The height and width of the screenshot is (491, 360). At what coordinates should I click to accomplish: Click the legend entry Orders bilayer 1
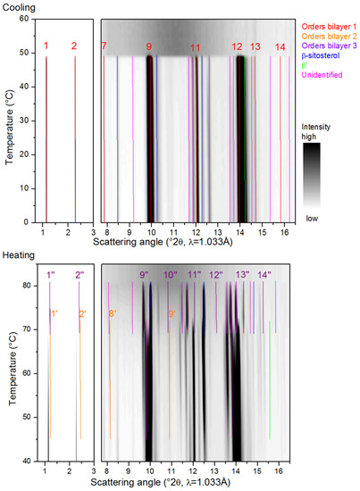click(x=329, y=27)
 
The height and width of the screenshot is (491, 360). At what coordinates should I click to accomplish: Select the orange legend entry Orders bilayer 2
click(x=329, y=37)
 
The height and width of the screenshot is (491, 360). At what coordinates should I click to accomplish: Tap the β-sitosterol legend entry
click(x=321, y=55)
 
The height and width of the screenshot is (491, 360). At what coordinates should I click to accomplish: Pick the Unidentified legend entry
click(x=322, y=75)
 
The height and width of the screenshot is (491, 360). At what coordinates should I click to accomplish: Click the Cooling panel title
click(x=19, y=7)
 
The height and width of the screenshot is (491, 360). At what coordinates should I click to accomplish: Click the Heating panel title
click(x=19, y=255)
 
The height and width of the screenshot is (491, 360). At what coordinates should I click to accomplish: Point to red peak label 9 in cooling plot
click(x=149, y=46)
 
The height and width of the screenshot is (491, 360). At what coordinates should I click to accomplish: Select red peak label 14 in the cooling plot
click(x=280, y=47)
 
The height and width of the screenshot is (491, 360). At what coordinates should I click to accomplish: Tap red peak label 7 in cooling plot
click(x=104, y=46)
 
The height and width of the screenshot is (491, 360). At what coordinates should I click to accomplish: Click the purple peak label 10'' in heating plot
click(x=171, y=275)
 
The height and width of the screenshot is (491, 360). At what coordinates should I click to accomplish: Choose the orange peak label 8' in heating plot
click(x=113, y=313)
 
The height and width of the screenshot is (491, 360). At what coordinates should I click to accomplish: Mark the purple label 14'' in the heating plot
click(x=264, y=275)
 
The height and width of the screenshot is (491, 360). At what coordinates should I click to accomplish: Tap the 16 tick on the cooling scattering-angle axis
click(x=284, y=233)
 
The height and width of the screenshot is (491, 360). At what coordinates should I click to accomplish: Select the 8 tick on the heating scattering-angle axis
click(x=107, y=470)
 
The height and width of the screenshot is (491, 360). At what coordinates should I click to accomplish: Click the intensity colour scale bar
click(x=312, y=175)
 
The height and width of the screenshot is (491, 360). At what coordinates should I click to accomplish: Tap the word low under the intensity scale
click(x=312, y=218)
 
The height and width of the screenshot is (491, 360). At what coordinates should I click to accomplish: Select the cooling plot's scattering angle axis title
click(x=163, y=242)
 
